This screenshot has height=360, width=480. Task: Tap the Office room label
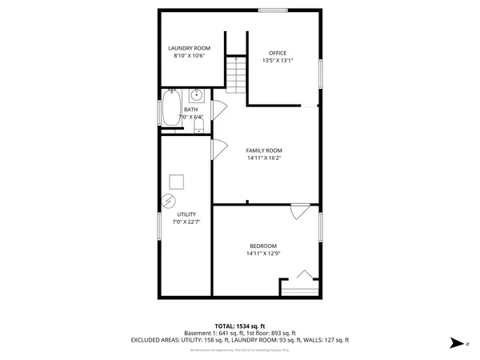click(x=278, y=53)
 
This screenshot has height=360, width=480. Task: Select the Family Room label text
click(x=264, y=150)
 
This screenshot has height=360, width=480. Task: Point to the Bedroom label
click(x=263, y=246)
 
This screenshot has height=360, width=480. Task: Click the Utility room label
click(x=186, y=215)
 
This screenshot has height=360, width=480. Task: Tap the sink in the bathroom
click(x=196, y=95)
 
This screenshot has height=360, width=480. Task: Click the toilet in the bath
click(x=199, y=117)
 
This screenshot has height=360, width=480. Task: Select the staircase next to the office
click(x=235, y=73)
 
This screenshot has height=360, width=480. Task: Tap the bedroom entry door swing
click(x=299, y=210)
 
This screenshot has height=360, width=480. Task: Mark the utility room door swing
click(x=216, y=150)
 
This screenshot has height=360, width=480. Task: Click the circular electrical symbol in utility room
click(x=168, y=201)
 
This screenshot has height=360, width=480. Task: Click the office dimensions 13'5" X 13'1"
click(x=278, y=61)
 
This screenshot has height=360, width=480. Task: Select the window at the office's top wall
click(x=273, y=10)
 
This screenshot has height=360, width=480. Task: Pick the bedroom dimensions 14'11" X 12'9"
click(x=263, y=254)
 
